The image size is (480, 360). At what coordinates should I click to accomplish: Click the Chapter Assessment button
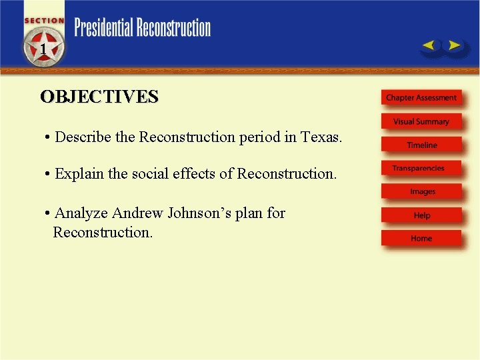tap(421, 98)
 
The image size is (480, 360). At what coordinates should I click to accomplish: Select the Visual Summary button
tap(421, 122)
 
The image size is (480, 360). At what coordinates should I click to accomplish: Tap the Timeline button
tap(421, 145)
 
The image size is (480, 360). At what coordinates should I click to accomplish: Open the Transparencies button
tap(419, 169)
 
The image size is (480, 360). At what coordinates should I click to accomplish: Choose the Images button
tap(422, 192)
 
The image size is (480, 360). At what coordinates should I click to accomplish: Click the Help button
tap(421, 215)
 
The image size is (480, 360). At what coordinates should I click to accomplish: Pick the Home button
tap(421, 239)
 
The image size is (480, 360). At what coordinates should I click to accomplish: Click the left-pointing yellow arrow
tap(429, 46)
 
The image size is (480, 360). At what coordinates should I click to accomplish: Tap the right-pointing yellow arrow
tap(453, 46)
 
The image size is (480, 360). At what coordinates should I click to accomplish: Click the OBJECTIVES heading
tap(99, 97)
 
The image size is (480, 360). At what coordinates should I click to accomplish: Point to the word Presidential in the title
tap(103, 28)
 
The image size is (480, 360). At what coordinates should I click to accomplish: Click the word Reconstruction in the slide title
tap(173, 28)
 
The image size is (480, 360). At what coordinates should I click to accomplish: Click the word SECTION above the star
tap(44, 21)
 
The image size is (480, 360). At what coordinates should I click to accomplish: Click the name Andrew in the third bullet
tap(137, 213)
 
